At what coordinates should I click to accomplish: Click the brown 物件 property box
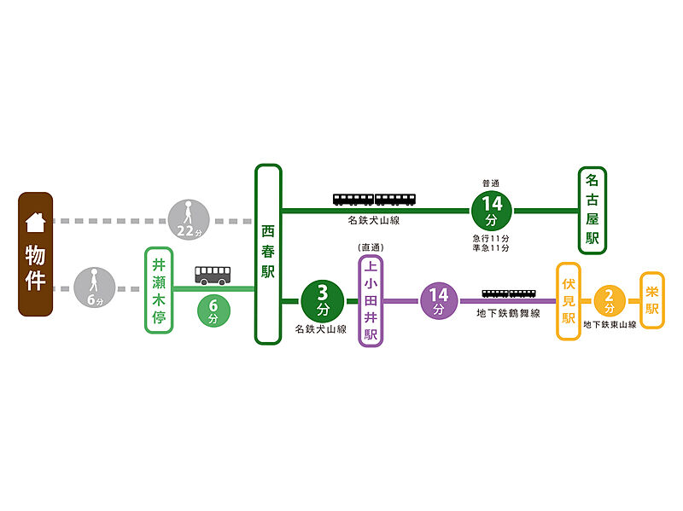[x=35, y=254]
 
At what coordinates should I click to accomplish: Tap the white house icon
[x=35, y=222]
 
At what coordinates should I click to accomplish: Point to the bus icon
[x=213, y=275]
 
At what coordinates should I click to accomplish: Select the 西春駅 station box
[x=268, y=254]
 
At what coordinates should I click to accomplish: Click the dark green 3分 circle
[x=322, y=300]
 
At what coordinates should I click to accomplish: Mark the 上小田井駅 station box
[x=371, y=300]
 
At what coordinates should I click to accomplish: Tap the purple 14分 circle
[x=439, y=300]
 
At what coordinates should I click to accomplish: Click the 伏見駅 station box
[x=569, y=301]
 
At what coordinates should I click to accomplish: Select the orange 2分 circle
[x=610, y=301]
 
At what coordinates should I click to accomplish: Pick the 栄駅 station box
[x=652, y=300]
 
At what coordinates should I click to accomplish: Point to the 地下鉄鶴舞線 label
[x=509, y=314]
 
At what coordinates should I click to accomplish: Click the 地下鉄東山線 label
[x=610, y=325]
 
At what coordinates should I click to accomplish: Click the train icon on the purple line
[x=509, y=294]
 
